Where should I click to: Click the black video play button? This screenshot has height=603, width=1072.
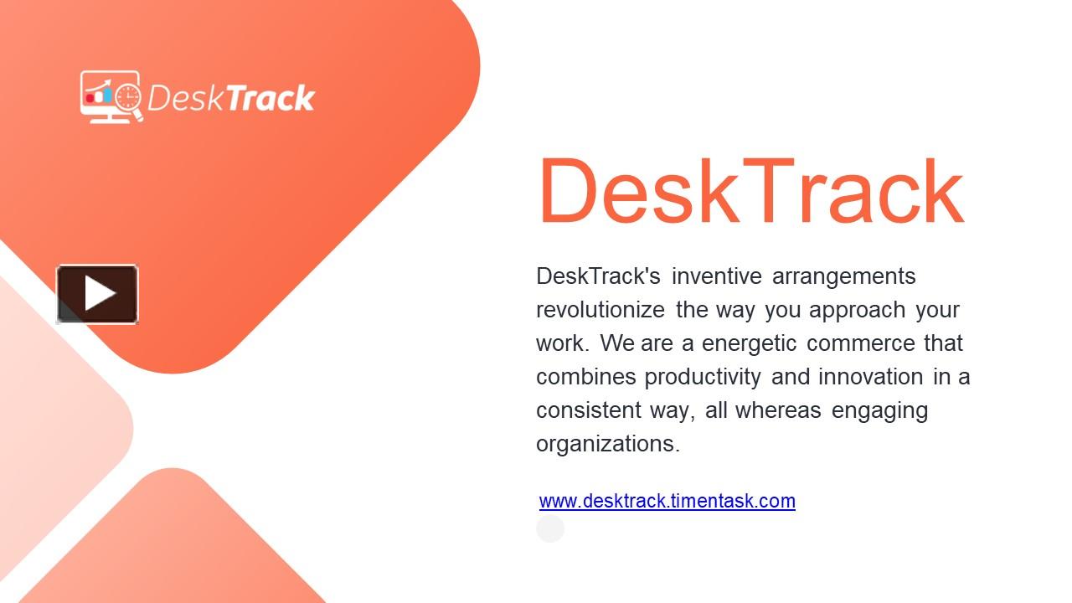coord(97,294)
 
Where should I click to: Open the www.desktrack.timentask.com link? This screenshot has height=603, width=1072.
coord(667,501)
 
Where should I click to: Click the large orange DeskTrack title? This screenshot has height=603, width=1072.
coord(750,192)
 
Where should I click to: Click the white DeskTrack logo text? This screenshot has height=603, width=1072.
coord(230,99)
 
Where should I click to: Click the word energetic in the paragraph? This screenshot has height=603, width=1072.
coord(749,343)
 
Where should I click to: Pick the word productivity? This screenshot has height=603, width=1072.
coord(702,377)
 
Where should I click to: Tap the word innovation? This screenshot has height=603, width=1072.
coord(872,377)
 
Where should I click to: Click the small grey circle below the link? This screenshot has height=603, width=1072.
coord(550,528)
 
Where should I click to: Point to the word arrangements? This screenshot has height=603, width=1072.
coord(843,276)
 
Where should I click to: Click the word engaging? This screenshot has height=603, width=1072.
coord(879,410)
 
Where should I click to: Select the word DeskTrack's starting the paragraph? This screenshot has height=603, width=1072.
coord(598,276)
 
